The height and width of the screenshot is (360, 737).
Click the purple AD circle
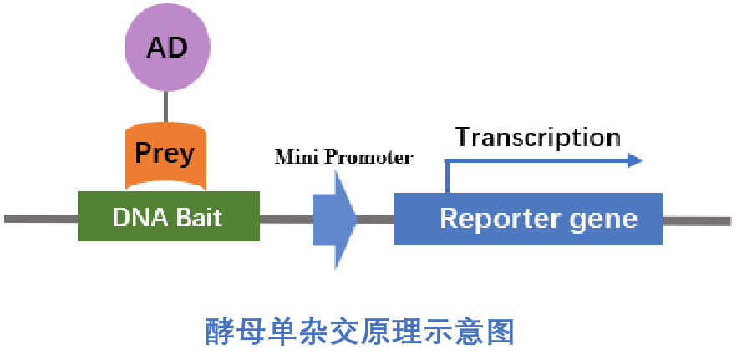166,48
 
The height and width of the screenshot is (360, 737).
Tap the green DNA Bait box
168,217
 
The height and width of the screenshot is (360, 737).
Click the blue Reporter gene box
528,219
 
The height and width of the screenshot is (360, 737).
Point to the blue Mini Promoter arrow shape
334,220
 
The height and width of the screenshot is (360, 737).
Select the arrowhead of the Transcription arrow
635,160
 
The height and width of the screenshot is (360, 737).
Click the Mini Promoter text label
343,156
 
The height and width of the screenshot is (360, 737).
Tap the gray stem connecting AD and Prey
165,106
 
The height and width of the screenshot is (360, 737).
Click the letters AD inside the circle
166,48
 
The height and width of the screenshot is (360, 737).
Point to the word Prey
165,154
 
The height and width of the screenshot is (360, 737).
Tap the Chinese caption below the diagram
359,332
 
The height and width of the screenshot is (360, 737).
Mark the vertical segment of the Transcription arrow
449,177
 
